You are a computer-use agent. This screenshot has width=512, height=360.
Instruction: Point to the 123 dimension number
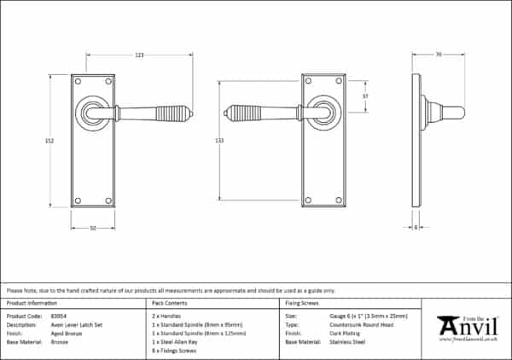tap(139, 55)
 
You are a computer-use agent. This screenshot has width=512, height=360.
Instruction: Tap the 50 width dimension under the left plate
tap(92, 227)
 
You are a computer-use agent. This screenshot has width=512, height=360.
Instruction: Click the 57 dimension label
tap(365, 96)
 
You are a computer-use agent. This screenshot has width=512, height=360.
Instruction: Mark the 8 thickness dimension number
tap(415, 227)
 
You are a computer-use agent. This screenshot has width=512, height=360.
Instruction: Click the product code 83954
tap(60, 316)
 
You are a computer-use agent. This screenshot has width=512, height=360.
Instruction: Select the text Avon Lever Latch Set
tap(78, 324)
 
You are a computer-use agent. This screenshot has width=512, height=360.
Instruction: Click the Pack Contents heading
tap(168, 304)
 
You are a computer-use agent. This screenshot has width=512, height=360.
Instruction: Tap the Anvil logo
tap(467, 327)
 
